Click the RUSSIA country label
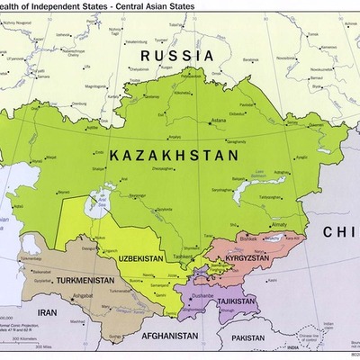click(176, 55)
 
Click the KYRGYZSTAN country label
click(254, 256)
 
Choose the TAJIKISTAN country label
click(232, 301)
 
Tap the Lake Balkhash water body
click(243, 192)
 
